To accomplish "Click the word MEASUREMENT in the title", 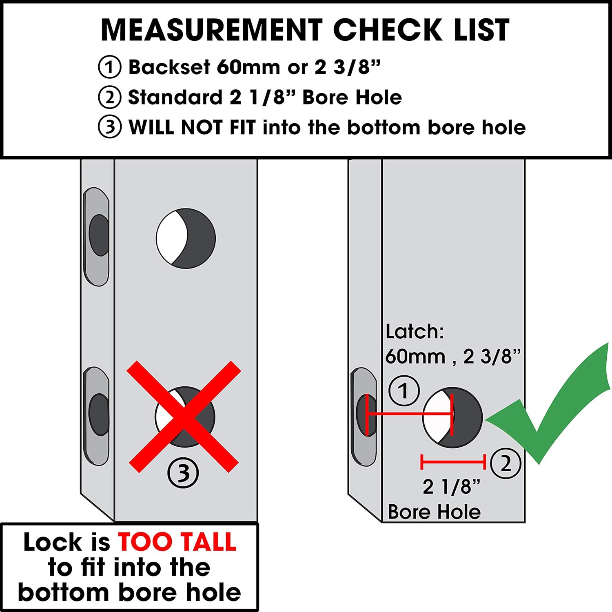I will tap(212, 30).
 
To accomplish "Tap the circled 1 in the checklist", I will tap(109, 67).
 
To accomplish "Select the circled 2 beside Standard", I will tap(109, 98).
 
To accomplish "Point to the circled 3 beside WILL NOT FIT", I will tap(109, 127).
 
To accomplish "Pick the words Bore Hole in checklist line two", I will tap(352, 98).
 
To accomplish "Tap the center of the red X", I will tap(184, 417).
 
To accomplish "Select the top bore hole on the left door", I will tap(186, 239).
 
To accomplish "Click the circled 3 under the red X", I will tap(183, 473).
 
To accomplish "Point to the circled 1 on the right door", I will tap(404, 391).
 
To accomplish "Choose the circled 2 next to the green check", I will tap(506, 463).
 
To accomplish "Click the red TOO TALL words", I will tap(177, 542).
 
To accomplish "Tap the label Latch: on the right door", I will tap(414, 332).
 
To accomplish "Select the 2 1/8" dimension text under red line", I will tap(451, 487).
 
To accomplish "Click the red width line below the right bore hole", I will tap(453, 462).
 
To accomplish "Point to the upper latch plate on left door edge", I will tap(97, 237).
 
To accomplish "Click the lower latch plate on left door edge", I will tap(97, 416).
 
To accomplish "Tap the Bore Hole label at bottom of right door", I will tap(434, 512).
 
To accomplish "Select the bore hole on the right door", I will tap(452, 417).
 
